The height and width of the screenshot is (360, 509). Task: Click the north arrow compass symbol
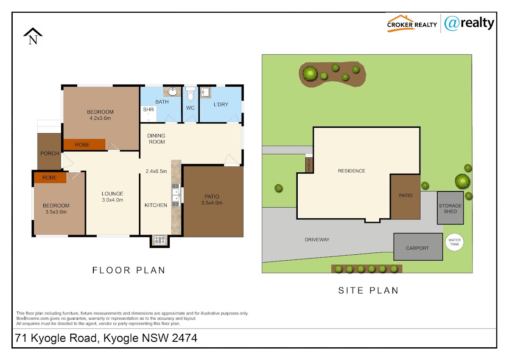tap(33, 37)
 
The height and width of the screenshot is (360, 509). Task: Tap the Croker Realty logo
tap(412, 23)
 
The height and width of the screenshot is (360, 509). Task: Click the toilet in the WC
tap(190, 94)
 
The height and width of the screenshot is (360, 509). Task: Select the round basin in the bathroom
tap(173, 92)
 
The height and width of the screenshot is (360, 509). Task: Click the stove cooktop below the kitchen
tap(160, 240)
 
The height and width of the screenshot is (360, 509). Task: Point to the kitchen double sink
tap(176, 195)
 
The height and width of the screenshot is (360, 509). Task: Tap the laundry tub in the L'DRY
tap(205, 92)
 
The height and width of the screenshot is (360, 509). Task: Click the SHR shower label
tap(148, 110)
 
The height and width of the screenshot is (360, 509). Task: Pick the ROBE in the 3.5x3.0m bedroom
tap(50, 177)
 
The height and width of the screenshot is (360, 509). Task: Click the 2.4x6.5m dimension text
tap(157, 171)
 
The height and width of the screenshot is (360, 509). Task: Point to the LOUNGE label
tap(112, 194)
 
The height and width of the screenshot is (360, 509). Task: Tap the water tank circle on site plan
tap(454, 242)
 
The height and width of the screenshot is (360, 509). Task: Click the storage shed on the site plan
tap(450, 208)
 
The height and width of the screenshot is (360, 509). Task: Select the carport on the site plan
tap(418, 247)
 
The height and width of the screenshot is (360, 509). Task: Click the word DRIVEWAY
tap(317, 239)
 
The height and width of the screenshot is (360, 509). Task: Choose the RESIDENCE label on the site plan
tap(352, 171)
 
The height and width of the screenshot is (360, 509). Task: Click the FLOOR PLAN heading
tap(129, 270)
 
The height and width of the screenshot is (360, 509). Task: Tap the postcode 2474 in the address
tap(185, 338)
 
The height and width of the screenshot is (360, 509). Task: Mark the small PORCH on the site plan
tap(309, 165)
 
